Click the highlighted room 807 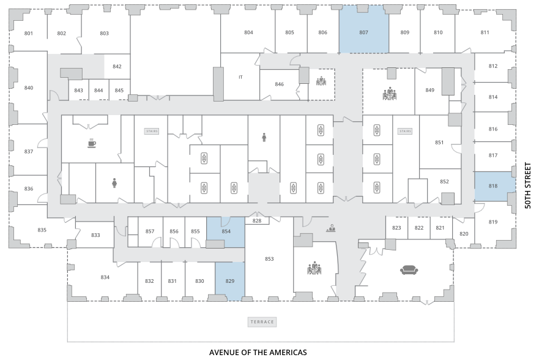[363, 29]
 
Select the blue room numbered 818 [495, 186]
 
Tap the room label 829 [230, 281]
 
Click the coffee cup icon [91, 143]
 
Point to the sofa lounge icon [409, 270]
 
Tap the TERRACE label [262, 322]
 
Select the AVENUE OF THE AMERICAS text [258, 353]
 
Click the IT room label [240, 77]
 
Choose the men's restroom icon [264, 137]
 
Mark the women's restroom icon [114, 183]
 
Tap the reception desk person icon [332, 228]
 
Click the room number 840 [29, 88]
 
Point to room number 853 [269, 258]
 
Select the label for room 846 [279, 84]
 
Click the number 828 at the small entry [257, 221]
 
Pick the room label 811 [485, 32]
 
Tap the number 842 [117, 66]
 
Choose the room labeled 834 [105, 277]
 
